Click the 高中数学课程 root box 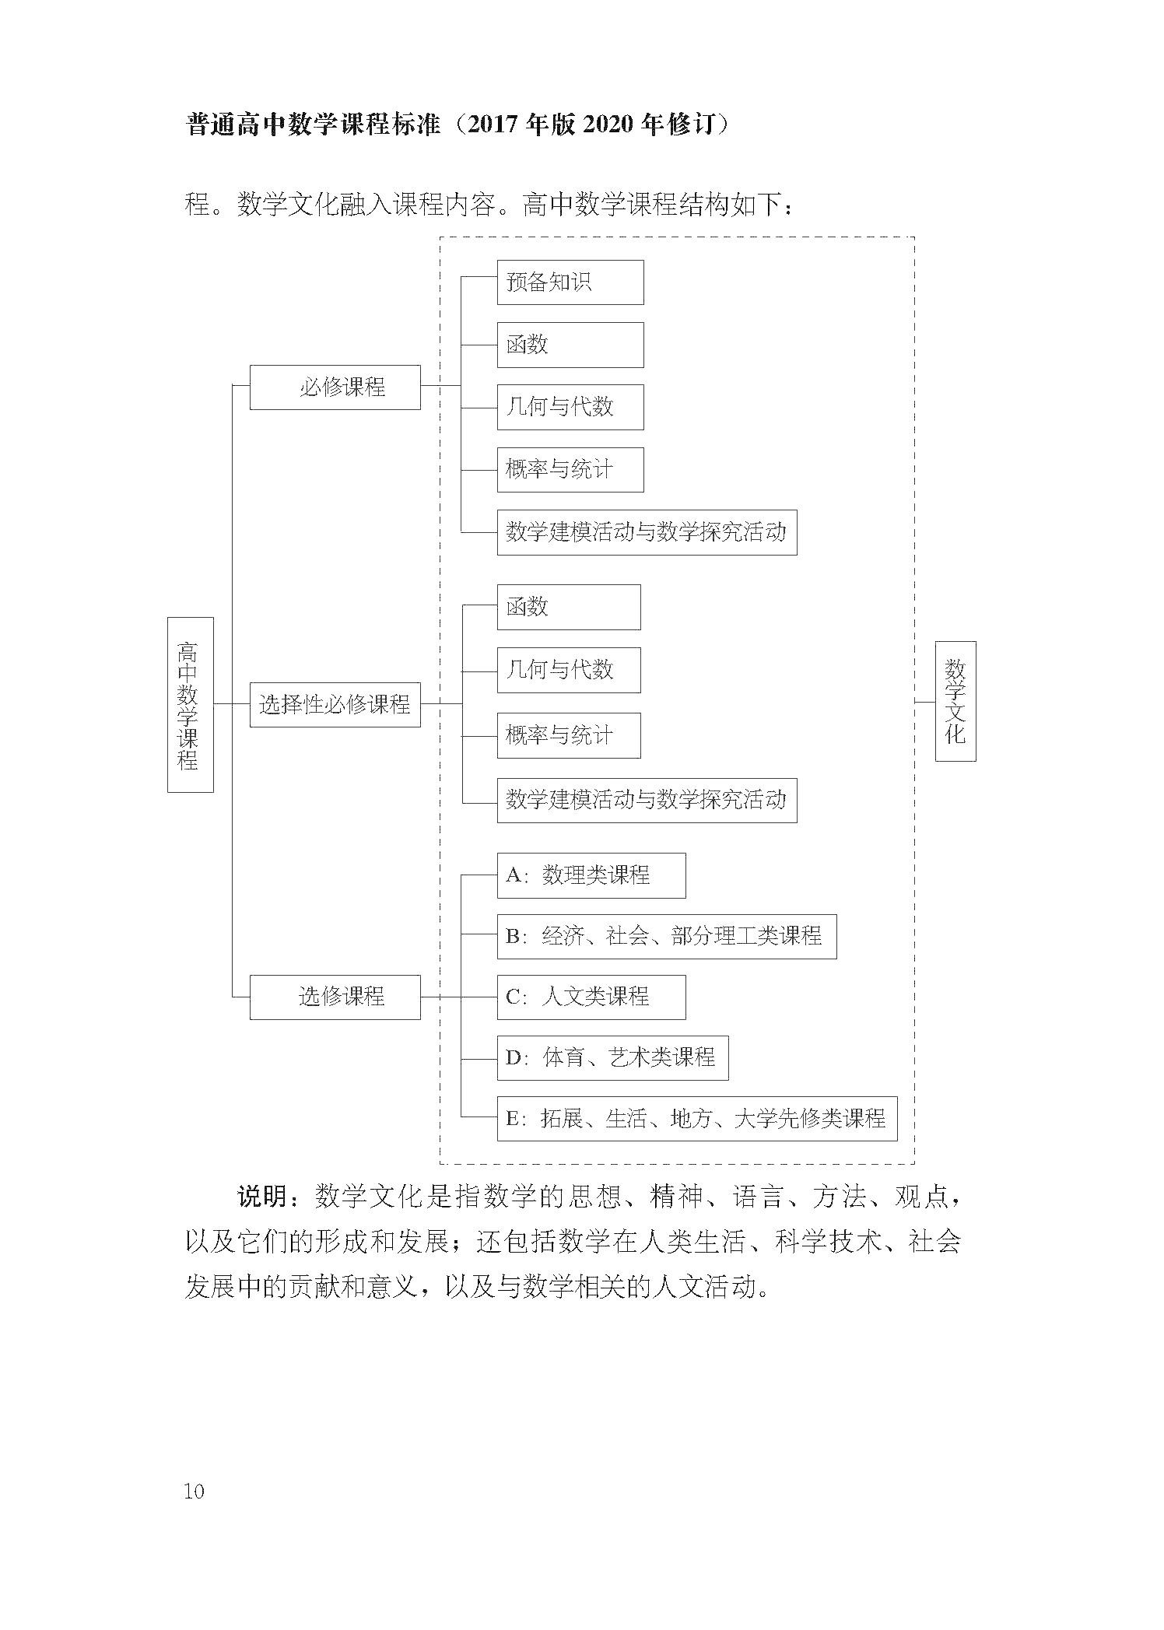pos(190,704)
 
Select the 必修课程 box pos(335,387)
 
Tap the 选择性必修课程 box pos(335,704)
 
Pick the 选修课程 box pos(335,997)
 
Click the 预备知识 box pos(570,282)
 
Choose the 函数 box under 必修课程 pos(570,345)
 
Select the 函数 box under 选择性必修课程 pos(569,607)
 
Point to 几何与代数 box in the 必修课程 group pos(570,407)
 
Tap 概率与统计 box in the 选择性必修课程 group pos(569,735)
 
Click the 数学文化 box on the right pos(955,701)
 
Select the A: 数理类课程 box pos(591,875)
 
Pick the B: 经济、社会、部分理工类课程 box pos(667,936)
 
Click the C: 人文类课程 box pos(591,997)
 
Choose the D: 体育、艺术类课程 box pos(613,1057)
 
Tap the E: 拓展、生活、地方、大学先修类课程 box pos(697,1119)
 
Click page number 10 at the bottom pos(194,1492)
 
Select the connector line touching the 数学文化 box pos(925,702)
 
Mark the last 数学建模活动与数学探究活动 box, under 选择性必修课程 pos(647,800)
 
